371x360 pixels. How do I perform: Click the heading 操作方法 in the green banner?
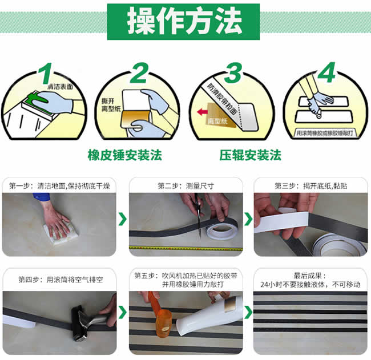coord(184,21)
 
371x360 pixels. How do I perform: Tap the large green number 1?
coord(46,74)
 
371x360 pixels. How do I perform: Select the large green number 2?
coord(139,73)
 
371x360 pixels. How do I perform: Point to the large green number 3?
coord(233,73)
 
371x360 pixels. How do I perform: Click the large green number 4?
coord(326,72)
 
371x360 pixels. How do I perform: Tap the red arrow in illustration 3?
coord(203,112)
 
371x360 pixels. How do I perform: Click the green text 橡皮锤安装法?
coord(124,155)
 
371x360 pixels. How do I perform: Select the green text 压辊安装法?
coord(251,155)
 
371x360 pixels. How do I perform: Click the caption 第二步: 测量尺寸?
coord(185,186)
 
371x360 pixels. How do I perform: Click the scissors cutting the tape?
coord(198,214)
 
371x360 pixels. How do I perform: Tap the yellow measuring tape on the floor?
coord(185,248)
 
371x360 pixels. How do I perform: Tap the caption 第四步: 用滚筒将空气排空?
coord(61,280)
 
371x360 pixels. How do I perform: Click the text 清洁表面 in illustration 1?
coord(61,87)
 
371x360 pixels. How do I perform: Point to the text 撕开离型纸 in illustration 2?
coord(111,105)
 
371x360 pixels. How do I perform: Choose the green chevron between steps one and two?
coord(123,219)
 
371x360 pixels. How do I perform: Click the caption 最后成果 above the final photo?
coord(310,276)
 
